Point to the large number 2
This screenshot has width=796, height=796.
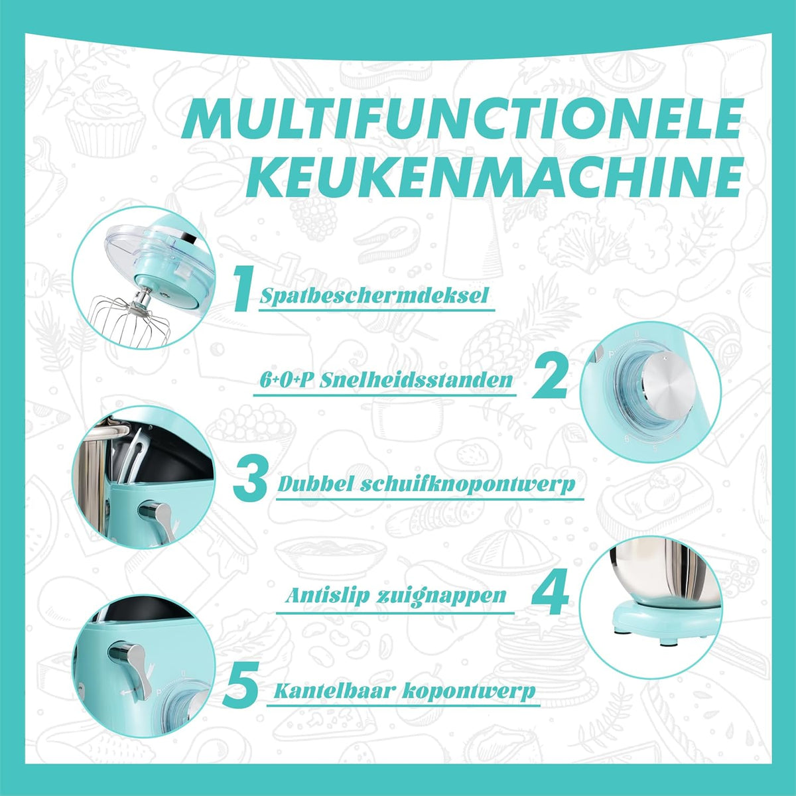[x=549, y=377]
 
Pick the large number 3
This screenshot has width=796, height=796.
[x=251, y=478]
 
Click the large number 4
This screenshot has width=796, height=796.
[x=550, y=592]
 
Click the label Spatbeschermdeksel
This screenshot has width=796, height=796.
[x=374, y=296]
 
